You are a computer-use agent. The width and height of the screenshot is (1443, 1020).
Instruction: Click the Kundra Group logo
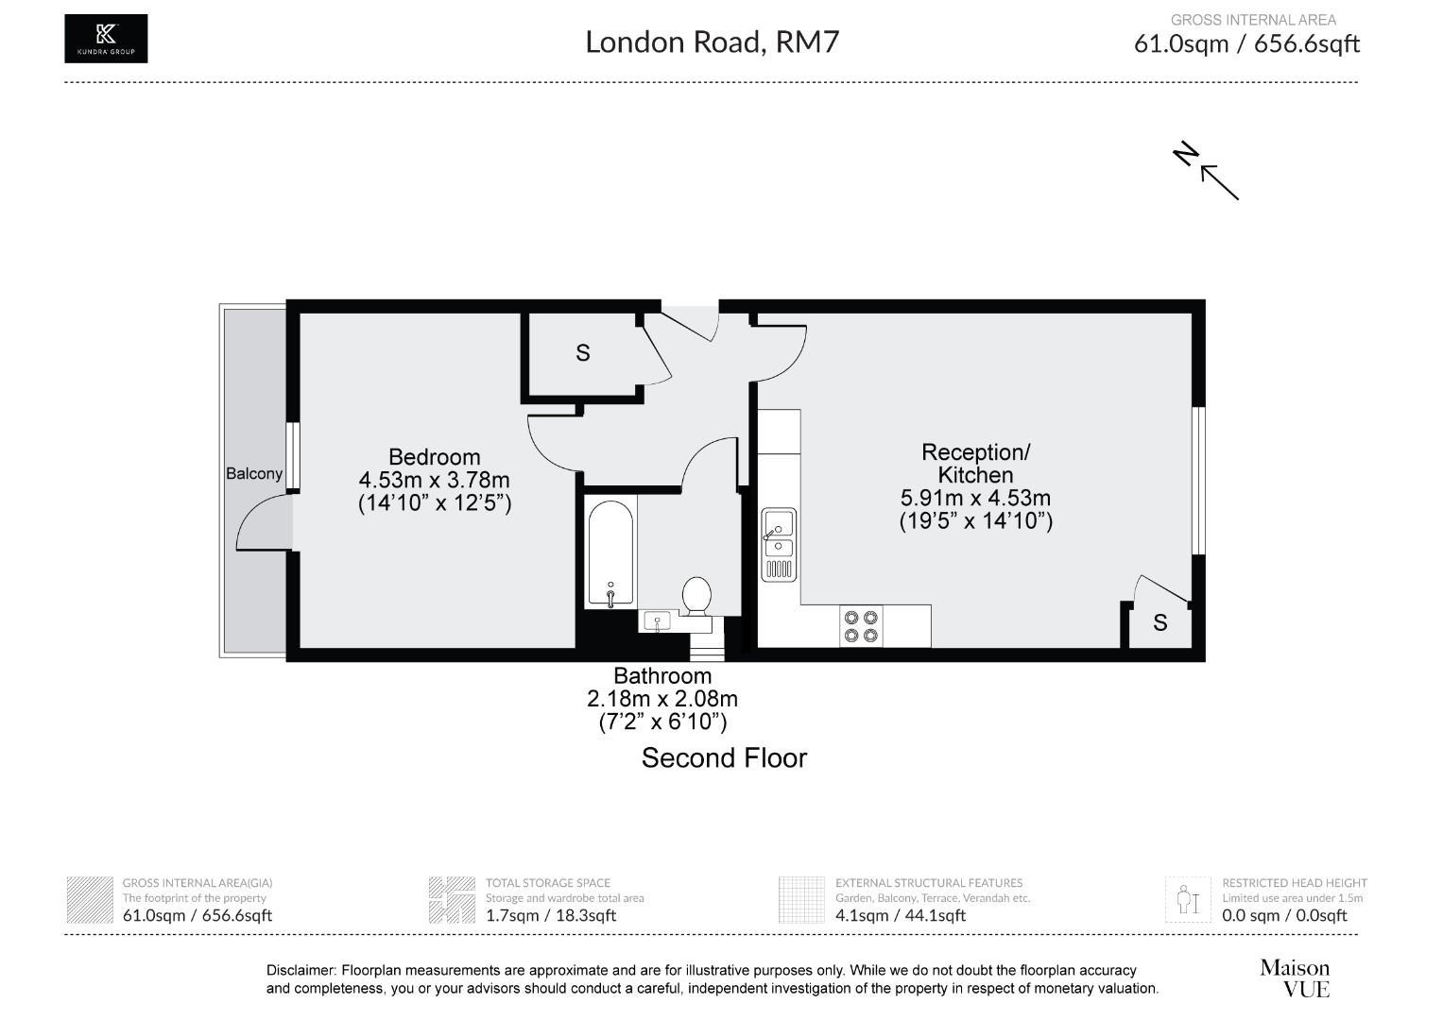[x=106, y=39]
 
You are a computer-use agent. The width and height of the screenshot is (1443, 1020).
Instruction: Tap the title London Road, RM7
[x=712, y=42]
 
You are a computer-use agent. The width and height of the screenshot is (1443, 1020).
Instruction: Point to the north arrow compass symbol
[x=1208, y=170]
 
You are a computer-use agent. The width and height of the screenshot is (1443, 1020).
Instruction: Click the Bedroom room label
[x=434, y=457]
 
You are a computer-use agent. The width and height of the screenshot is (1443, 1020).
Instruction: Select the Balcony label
[x=253, y=473]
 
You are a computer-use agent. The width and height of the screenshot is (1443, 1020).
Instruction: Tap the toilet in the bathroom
[x=696, y=596]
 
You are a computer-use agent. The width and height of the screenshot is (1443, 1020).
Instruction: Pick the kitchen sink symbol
[x=779, y=544]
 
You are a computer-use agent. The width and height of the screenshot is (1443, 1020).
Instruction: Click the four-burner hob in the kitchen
[x=861, y=626]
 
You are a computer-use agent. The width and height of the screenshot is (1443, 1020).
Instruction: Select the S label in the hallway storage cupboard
[x=583, y=352]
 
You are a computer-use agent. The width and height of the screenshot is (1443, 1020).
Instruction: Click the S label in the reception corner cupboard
[x=1160, y=623]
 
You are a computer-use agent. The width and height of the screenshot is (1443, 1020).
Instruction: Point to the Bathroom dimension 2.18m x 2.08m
[x=661, y=700]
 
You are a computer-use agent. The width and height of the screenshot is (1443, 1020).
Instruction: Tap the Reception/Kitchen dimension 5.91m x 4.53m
[x=975, y=498]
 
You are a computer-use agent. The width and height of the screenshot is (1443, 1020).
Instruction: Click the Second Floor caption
[x=724, y=758]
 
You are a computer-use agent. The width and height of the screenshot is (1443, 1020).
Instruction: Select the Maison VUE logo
[x=1294, y=977]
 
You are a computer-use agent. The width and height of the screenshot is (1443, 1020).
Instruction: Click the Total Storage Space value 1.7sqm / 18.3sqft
[x=550, y=914]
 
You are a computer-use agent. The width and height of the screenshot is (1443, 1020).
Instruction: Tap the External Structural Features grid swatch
[x=802, y=900]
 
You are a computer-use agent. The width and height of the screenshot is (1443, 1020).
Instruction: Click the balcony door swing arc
[x=260, y=524]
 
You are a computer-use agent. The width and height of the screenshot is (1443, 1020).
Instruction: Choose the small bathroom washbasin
[x=657, y=621]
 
